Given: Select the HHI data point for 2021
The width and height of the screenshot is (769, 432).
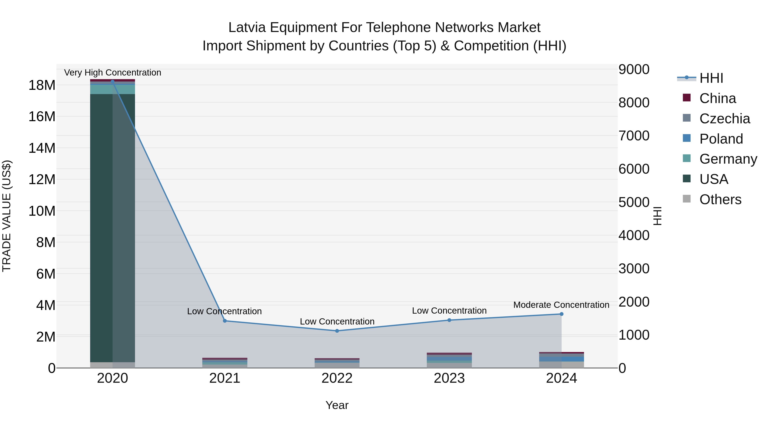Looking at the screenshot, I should pyautogui.click(x=225, y=321).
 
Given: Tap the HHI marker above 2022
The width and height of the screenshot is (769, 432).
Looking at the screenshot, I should pyautogui.click(x=337, y=331).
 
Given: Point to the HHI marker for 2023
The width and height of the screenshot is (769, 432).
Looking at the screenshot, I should pyautogui.click(x=449, y=320).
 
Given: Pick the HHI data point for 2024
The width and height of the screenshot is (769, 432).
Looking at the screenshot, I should pyautogui.click(x=562, y=314).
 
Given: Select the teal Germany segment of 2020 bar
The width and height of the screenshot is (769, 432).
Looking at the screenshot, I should pyautogui.click(x=101, y=89).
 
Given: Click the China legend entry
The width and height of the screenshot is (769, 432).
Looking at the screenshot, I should pyautogui.click(x=717, y=98).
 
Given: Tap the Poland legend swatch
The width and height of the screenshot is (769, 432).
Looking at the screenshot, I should pyautogui.click(x=687, y=138).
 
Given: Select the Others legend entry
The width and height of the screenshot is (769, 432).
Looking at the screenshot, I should pyautogui.click(x=720, y=199).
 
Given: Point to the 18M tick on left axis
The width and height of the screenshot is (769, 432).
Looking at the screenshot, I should pyautogui.click(x=42, y=85).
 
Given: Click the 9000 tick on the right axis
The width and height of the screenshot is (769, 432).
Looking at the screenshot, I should pyautogui.click(x=634, y=70).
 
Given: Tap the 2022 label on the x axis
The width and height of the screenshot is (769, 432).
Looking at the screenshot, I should pyautogui.click(x=337, y=378).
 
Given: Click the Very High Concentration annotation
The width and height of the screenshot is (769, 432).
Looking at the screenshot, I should pyautogui.click(x=113, y=73).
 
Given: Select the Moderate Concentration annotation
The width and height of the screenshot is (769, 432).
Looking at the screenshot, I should pyautogui.click(x=561, y=305).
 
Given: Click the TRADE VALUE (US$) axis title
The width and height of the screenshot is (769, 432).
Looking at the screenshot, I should pyautogui.click(x=7, y=216).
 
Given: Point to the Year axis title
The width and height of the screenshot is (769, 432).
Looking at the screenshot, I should pyautogui.click(x=337, y=405).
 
